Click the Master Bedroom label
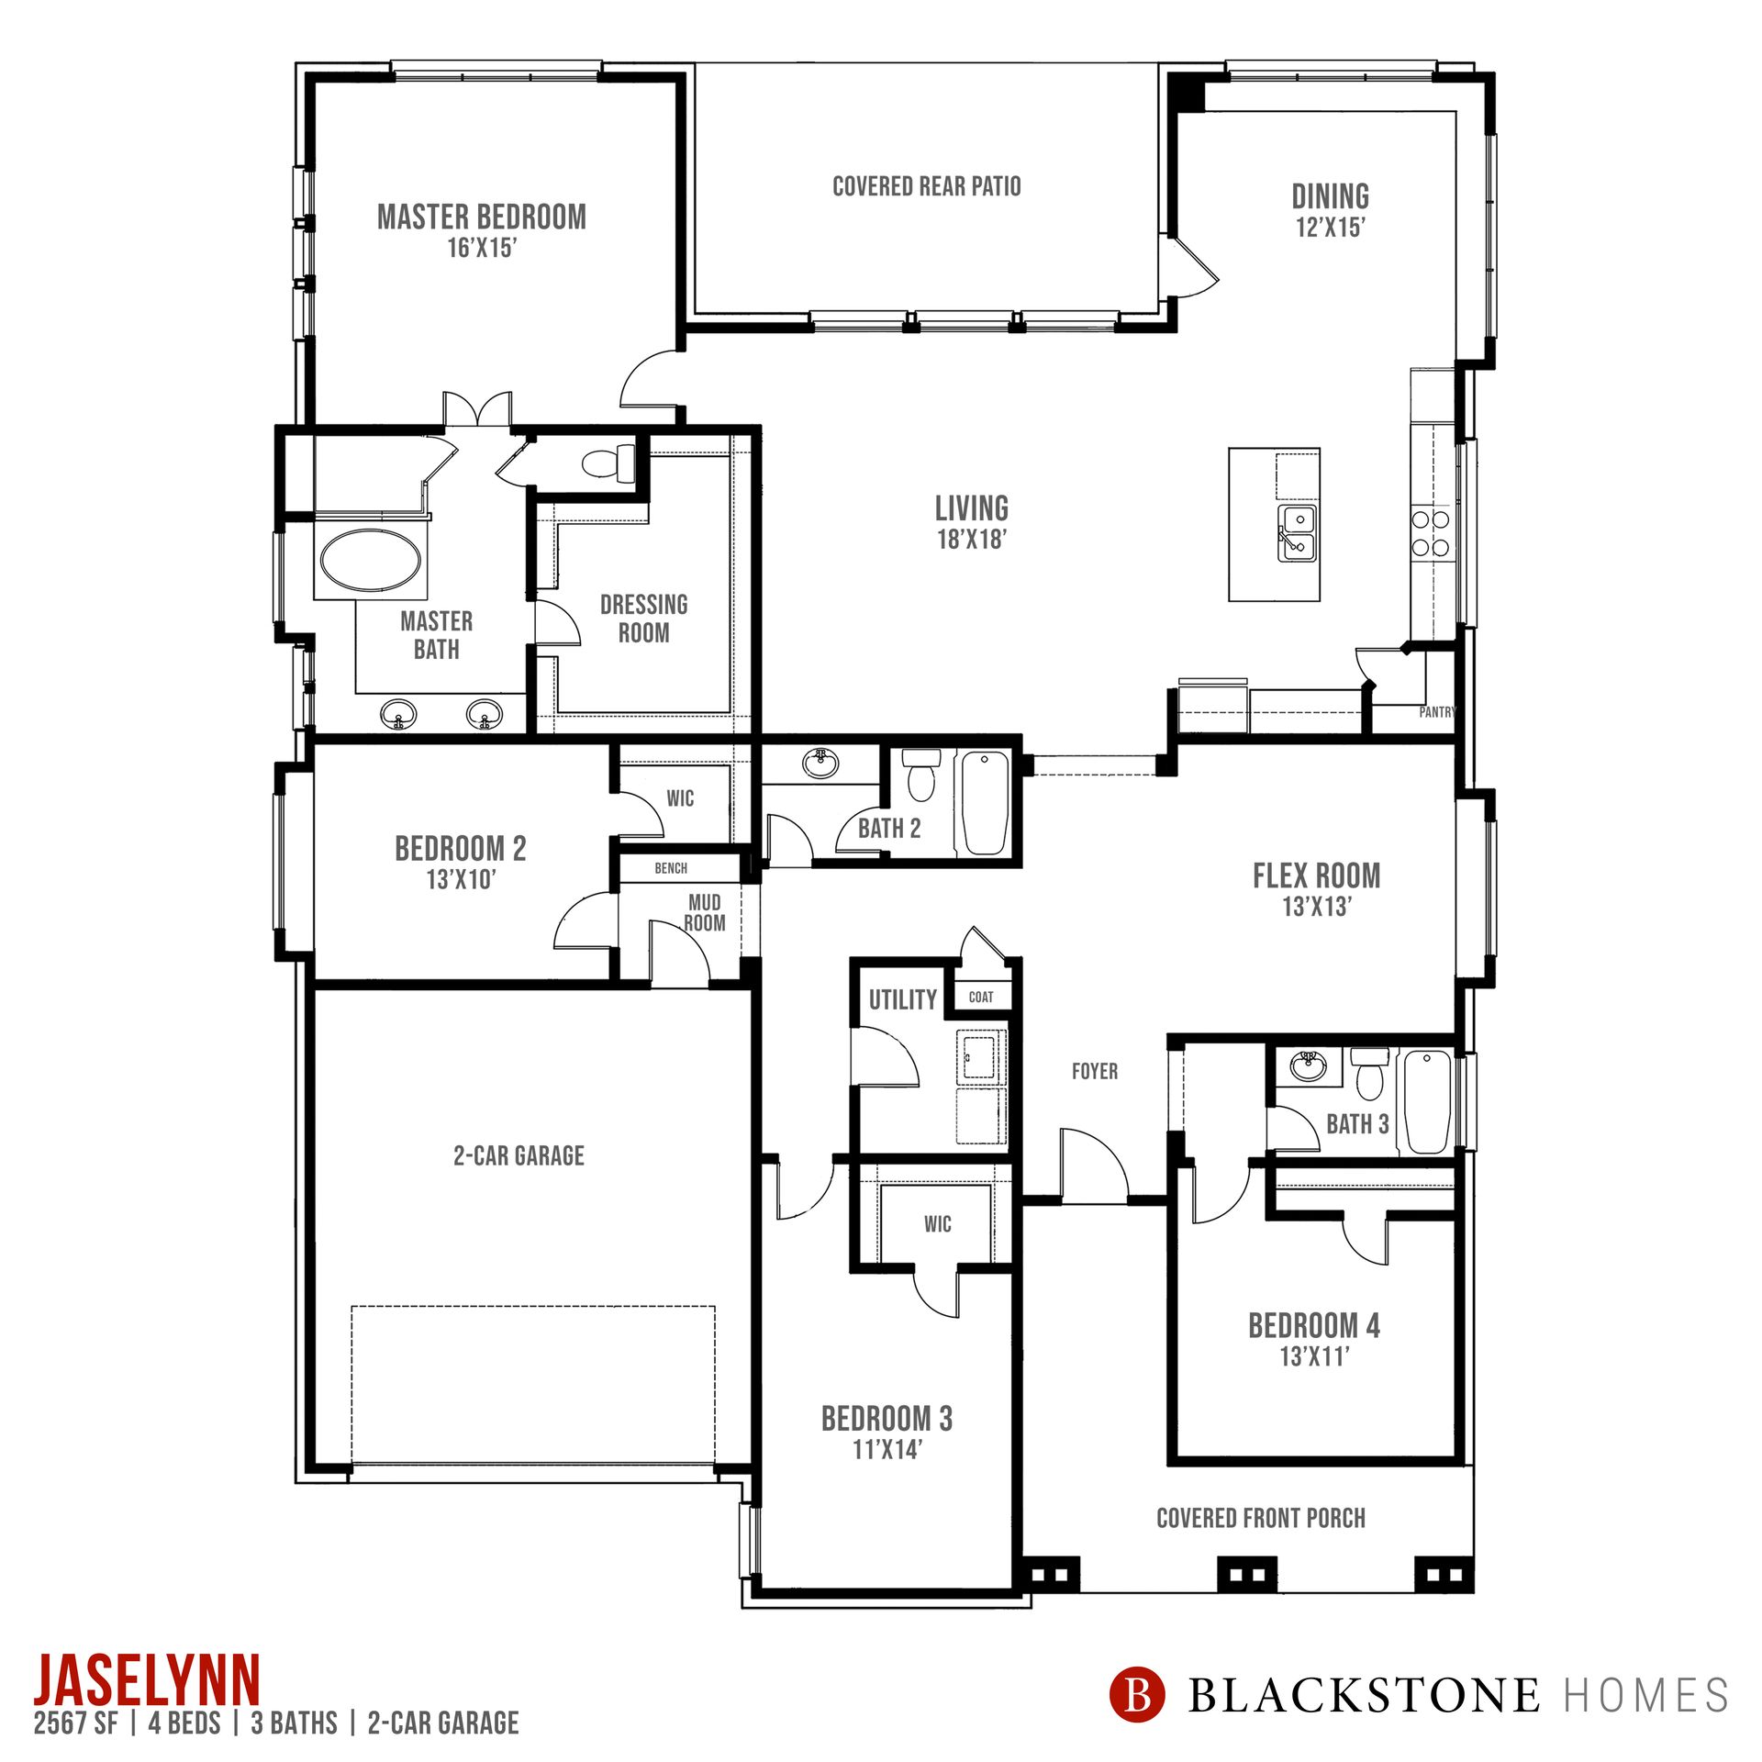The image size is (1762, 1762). pyautogui.click(x=482, y=217)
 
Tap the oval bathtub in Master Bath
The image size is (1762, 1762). pyautogui.click(x=371, y=560)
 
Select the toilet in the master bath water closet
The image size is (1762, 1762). pyautogui.click(x=609, y=462)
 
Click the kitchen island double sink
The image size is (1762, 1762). pyautogui.click(x=1298, y=533)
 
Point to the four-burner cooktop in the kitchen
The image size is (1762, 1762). pyautogui.click(x=1431, y=534)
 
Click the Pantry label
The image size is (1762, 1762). pyautogui.click(x=1437, y=711)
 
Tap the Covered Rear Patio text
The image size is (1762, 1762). pyautogui.click(x=927, y=186)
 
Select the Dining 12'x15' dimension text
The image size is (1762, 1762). pyautogui.click(x=1331, y=228)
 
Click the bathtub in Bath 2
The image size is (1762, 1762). pyautogui.click(x=984, y=804)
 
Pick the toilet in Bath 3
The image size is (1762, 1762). pyautogui.click(x=1369, y=1073)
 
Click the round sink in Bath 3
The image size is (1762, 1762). pyautogui.click(x=1308, y=1066)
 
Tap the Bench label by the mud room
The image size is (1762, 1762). pyautogui.click(x=671, y=868)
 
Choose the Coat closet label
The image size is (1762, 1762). pyautogui.click(x=981, y=997)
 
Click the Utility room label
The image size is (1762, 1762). pyautogui.click(x=903, y=999)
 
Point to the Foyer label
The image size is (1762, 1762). pyautogui.click(x=1095, y=1071)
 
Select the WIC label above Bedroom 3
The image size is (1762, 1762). pyautogui.click(x=938, y=1223)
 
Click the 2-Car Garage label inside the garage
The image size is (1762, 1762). pyautogui.click(x=519, y=1155)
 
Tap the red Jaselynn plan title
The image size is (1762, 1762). pyautogui.click(x=148, y=1679)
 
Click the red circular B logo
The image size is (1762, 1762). pyautogui.click(x=1137, y=1694)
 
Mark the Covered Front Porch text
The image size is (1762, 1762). pyautogui.click(x=1261, y=1518)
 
